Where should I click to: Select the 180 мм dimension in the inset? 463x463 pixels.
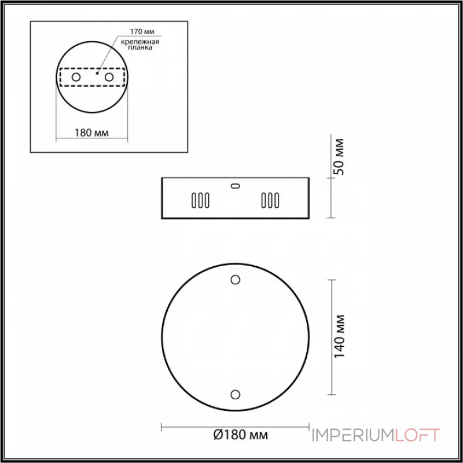coord(93,133)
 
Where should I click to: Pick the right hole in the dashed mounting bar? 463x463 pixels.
coord(108,77)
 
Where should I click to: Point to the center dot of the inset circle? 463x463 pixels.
coord(98,74)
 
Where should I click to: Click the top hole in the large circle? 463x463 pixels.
coord(235,280)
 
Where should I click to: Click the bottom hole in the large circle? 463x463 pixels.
coord(235,395)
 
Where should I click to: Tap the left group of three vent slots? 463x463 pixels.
coord(200,200)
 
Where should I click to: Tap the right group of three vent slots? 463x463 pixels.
coord(270,200)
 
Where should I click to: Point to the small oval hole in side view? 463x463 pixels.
coord(235,186)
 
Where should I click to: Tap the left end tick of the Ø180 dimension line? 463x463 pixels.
coord(161,427)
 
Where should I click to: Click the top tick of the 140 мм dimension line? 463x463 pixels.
coord(330,280)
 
